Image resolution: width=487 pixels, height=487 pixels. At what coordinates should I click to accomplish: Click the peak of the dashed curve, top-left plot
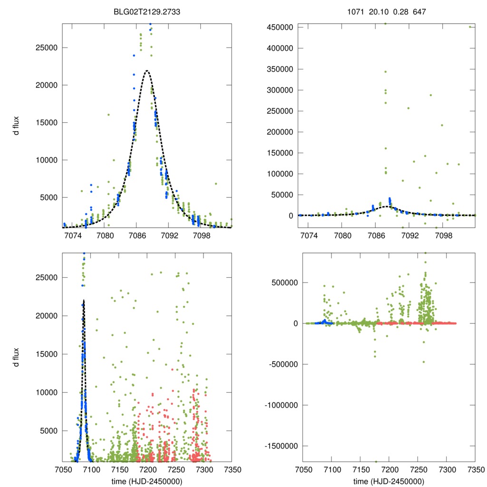click(x=147, y=71)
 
